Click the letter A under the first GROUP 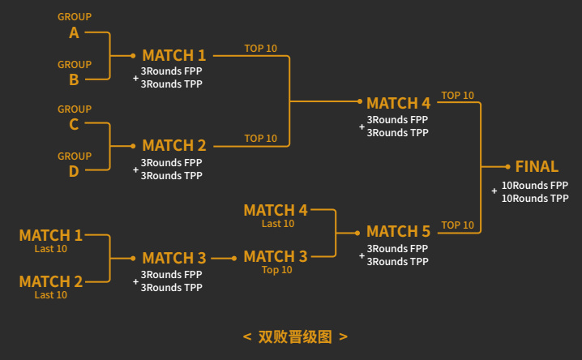(74, 32)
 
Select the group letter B (74, 79)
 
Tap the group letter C (74, 124)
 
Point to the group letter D (74, 170)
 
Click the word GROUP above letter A (75, 17)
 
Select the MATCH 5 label (398, 232)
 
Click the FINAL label (537, 166)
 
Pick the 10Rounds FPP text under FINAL (535, 185)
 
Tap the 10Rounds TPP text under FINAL (535, 198)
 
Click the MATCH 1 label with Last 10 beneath (50, 235)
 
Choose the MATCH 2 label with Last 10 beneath (50, 281)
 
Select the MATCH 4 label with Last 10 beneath (276, 210)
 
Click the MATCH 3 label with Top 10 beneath (276, 256)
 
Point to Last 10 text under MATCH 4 (278, 224)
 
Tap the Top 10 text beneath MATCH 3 (277, 270)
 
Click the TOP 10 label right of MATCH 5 (457, 225)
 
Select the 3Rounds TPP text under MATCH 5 (397, 262)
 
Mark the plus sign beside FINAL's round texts (494, 191)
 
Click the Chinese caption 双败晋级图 (295, 336)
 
